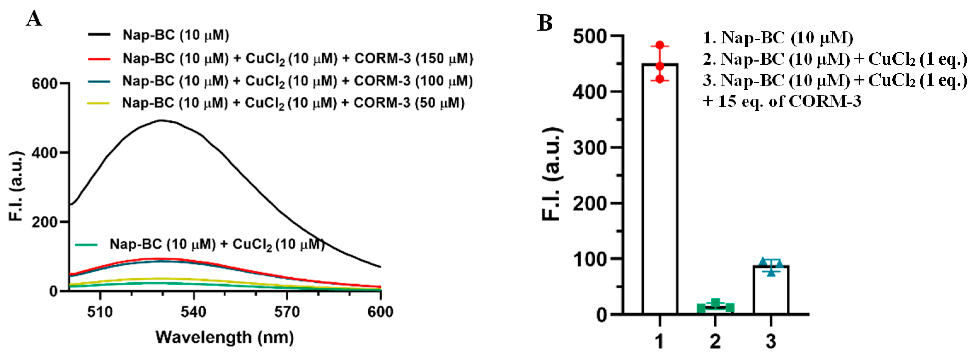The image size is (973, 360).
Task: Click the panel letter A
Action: pyautogui.click(x=34, y=18)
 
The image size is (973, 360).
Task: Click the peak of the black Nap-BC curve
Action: pyautogui.click(x=162, y=121)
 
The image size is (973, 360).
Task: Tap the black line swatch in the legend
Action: pyautogui.click(x=99, y=35)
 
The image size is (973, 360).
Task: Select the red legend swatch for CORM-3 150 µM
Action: pyautogui.click(x=99, y=59)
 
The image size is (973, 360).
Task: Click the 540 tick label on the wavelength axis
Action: pyautogui.click(x=193, y=312)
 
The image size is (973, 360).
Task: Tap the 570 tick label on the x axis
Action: pyautogui.click(x=287, y=312)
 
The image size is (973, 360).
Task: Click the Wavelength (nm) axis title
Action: pyautogui.click(x=224, y=337)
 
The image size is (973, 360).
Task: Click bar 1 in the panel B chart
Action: pyautogui.click(x=659, y=189)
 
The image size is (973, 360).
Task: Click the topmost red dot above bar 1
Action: pyautogui.click(x=659, y=45)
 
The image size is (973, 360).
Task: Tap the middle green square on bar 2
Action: pyautogui.click(x=715, y=303)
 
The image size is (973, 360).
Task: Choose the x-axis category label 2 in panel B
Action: pyautogui.click(x=715, y=341)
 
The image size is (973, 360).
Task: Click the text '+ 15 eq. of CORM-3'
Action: pyautogui.click(x=782, y=101)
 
